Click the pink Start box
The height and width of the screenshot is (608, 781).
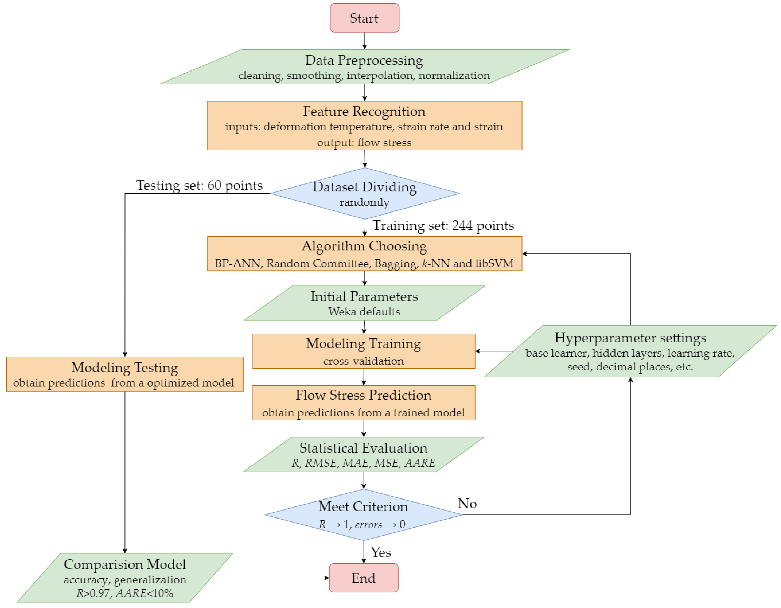coord(364,18)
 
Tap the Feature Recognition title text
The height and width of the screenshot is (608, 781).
coord(364,111)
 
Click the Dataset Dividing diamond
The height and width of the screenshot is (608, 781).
coord(364,193)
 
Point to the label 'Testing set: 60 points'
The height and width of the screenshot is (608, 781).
coord(200,185)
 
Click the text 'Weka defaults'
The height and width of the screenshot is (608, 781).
coord(364,312)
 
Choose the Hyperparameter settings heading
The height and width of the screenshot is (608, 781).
coord(630,338)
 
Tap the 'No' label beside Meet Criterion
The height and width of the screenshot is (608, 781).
coord(467,504)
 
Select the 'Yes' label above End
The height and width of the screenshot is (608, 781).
coord(381,553)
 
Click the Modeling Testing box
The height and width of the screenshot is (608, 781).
coord(125,374)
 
